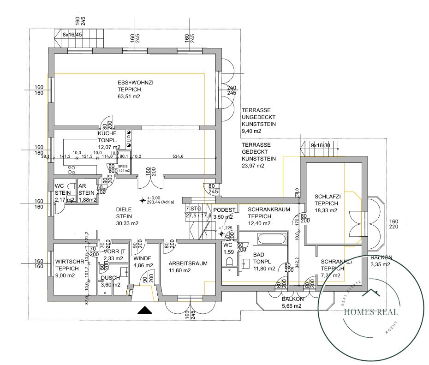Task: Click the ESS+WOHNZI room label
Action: click(x=135, y=82)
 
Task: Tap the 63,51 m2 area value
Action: click(x=129, y=97)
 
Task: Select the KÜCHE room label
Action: click(x=107, y=133)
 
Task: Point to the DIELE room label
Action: click(x=124, y=209)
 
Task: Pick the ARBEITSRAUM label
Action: click(x=188, y=263)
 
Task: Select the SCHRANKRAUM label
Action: click(x=269, y=209)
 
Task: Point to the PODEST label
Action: click(x=224, y=209)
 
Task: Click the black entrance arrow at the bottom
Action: click(x=145, y=310)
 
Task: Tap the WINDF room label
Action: click(x=142, y=258)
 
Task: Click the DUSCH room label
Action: click(x=111, y=278)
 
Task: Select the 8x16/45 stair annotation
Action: click(x=72, y=35)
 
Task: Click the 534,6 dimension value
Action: click(x=178, y=156)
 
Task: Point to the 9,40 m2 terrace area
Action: click(x=251, y=132)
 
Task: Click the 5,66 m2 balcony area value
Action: click(x=292, y=305)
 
